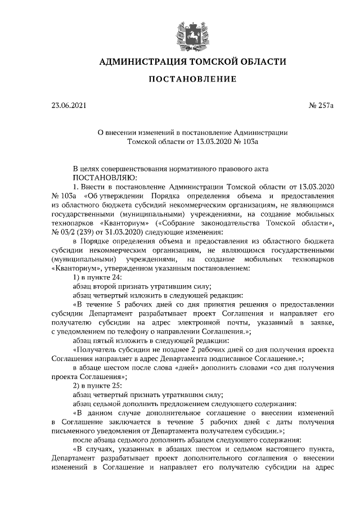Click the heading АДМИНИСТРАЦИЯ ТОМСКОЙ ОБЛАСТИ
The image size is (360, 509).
point(192,61)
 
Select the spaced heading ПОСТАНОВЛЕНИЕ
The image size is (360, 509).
point(192,79)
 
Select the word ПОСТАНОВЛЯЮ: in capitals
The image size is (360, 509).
point(89,177)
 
